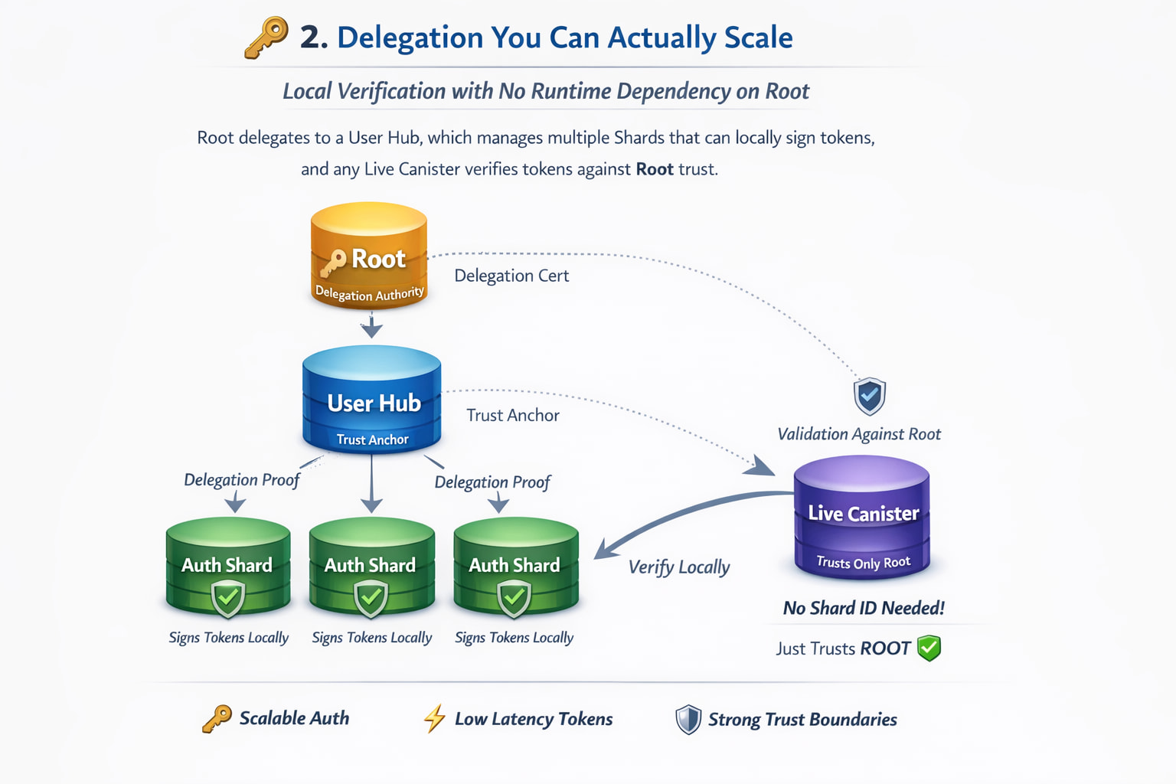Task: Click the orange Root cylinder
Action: [x=369, y=256]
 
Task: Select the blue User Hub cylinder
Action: [x=372, y=400]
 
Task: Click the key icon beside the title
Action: [x=266, y=37]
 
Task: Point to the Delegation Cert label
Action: [x=511, y=276]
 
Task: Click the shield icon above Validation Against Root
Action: [x=869, y=396]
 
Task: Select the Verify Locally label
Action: [x=678, y=567]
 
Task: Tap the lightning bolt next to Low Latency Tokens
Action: [x=434, y=719]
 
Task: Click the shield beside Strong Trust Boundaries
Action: [x=688, y=720]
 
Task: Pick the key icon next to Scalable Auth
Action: [x=217, y=719]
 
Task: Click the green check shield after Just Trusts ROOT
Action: [x=929, y=648]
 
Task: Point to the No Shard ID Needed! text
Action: [x=863, y=609]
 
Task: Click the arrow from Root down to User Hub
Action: [x=371, y=327]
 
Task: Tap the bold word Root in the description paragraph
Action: [x=655, y=169]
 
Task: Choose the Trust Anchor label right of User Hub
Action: [x=513, y=416]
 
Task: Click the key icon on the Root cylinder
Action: [x=333, y=263]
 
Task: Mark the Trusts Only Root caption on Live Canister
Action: [x=863, y=563]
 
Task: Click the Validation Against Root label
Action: [x=859, y=434]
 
